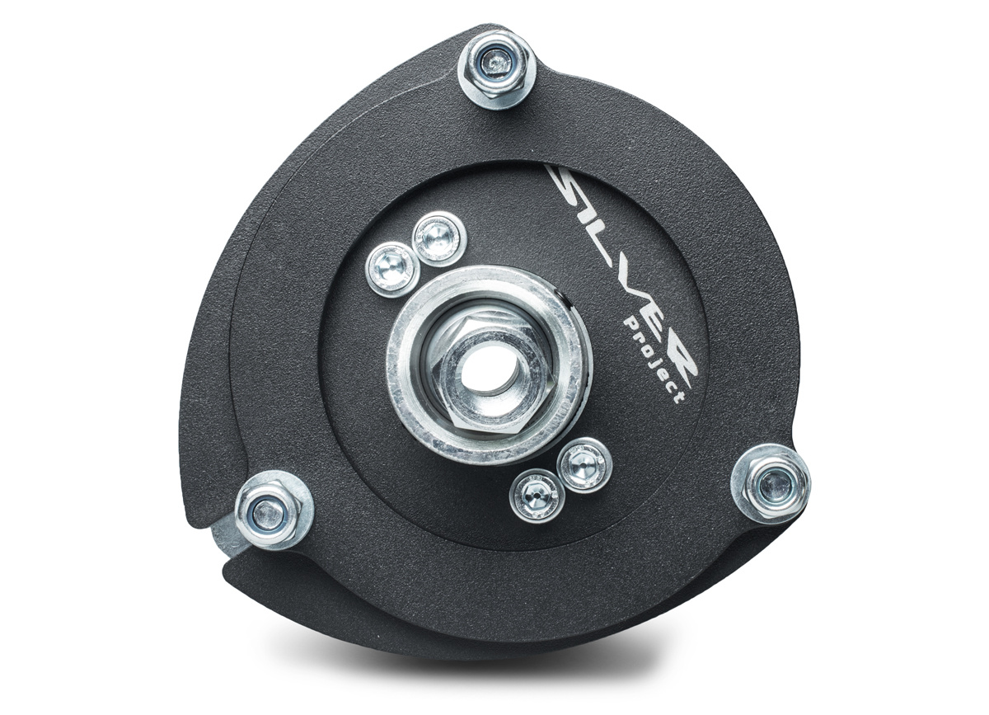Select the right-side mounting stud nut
tap(771, 485)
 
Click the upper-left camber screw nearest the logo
tap(438, 239)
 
